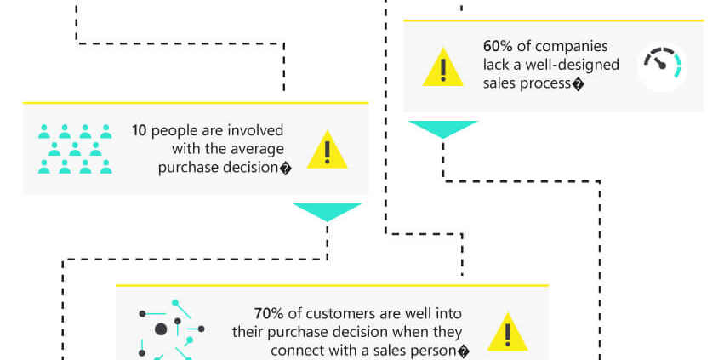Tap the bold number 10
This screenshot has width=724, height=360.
click(x=139, y=131)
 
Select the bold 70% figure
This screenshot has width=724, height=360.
click(x=268, y=313)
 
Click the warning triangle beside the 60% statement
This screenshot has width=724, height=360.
click(x=442, y=67)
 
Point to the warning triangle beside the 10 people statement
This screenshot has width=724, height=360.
click(x=327, y=149)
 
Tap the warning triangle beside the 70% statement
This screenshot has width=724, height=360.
click(x=507, y=331)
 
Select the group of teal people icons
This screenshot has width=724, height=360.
click(x=75, y=149)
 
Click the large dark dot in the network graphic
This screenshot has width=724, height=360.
click(x=161, y=329)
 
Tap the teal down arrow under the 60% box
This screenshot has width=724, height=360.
click(x=442, y=129)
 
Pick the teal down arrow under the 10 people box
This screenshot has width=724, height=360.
click(x=327, y=211)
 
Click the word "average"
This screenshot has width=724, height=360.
click(x=257, y=149)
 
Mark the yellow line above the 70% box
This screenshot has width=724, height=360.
click(x=332, y=286)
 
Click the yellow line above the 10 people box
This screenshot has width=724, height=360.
click(x=196, y=103)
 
